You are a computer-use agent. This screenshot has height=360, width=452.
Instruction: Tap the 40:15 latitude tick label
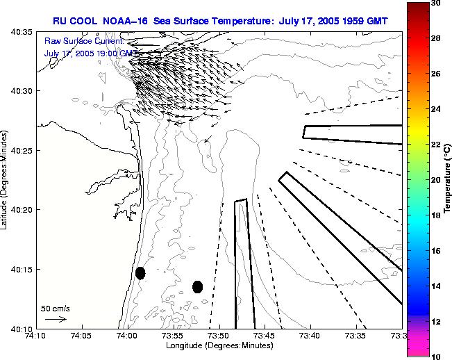(x=23, y=270)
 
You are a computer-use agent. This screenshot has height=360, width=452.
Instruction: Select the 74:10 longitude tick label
(x=36, y=335)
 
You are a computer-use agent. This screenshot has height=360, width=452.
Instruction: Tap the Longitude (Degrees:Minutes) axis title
(x=218, y=345)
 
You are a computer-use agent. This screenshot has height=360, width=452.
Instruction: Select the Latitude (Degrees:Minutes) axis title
(x=6, y=180)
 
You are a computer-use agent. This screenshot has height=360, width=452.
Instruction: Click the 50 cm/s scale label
(x=56, y=308)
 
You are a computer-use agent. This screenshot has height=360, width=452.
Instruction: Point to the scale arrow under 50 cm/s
(x=56, y=319)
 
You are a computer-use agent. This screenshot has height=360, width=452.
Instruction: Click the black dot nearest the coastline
(x=140, y=273)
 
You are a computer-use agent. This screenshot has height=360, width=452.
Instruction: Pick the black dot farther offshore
(x=198, y=286)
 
